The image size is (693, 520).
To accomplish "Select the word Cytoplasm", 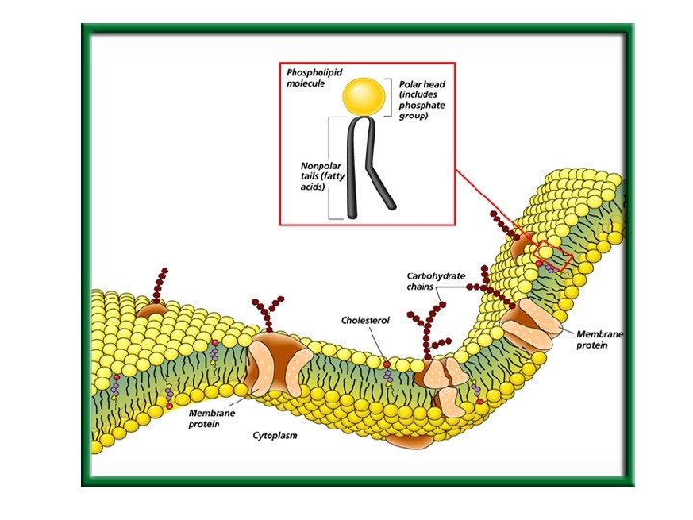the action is click(x=275, y=435).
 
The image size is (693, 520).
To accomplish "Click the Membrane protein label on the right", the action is click(x=600, y=339).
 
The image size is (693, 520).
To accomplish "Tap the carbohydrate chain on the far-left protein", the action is click(x=160, y=284).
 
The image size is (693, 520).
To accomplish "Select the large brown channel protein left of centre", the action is click(x=275, y=363).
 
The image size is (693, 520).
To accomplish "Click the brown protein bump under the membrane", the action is click(x=408, y=442).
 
